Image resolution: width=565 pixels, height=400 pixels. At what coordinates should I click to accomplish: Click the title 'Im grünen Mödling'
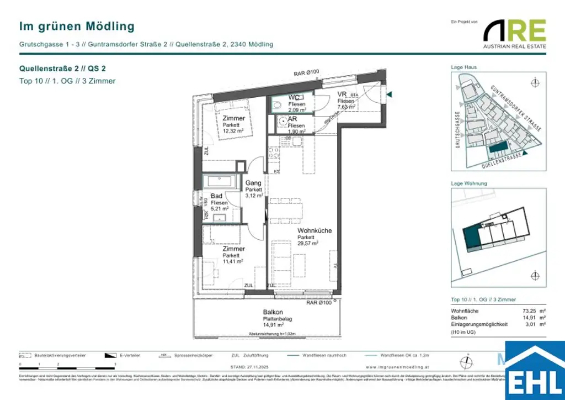coord(77,26)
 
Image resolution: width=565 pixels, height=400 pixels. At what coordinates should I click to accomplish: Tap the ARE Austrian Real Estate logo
coord(514,34)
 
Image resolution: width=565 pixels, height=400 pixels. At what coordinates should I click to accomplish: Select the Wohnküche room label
coord(315,230)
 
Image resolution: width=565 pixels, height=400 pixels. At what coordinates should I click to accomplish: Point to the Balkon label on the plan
coord(273,312)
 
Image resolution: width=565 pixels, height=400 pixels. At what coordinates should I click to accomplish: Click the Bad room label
coord(216,196)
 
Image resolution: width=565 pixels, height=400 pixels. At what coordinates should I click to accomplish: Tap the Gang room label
coord(253,183)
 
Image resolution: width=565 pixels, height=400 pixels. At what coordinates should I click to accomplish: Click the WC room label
coord(294,98)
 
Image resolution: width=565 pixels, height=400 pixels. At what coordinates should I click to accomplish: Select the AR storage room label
coord(292,119)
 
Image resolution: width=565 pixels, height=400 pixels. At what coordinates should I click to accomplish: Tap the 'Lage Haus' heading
coord(463,67)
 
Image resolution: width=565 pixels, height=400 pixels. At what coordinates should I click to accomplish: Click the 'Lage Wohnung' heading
coord(469,183)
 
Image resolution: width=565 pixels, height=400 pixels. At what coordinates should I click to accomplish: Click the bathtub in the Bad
coord(220,181)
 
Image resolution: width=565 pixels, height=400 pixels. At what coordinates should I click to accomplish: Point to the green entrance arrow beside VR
coord(390,95)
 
